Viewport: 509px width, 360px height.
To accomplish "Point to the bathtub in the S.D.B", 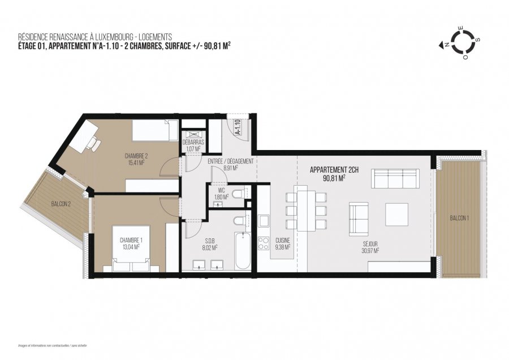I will click(243, 251).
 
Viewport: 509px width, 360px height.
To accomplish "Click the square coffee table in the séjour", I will click(397, 215).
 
